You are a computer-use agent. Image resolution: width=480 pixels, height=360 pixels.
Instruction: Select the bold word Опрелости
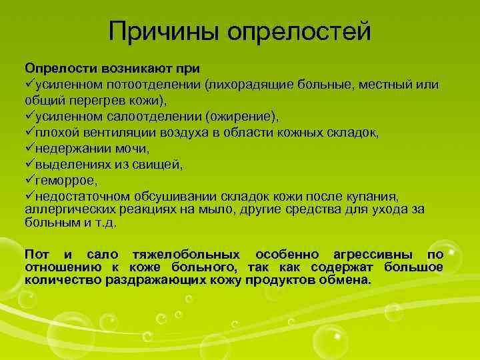click(x=57, y=68)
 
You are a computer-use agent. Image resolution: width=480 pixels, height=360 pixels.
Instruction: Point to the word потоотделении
click(x=161, y=84)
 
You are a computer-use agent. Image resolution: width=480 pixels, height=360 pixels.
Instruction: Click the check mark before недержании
click(x=30, y=148)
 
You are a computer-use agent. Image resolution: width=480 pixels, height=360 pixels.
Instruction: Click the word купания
click(x=375, y=196)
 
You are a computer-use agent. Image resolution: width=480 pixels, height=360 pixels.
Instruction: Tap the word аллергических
click(x=65, y=209)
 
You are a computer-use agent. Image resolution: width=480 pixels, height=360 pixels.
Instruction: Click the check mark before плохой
click(x=30, y=132)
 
